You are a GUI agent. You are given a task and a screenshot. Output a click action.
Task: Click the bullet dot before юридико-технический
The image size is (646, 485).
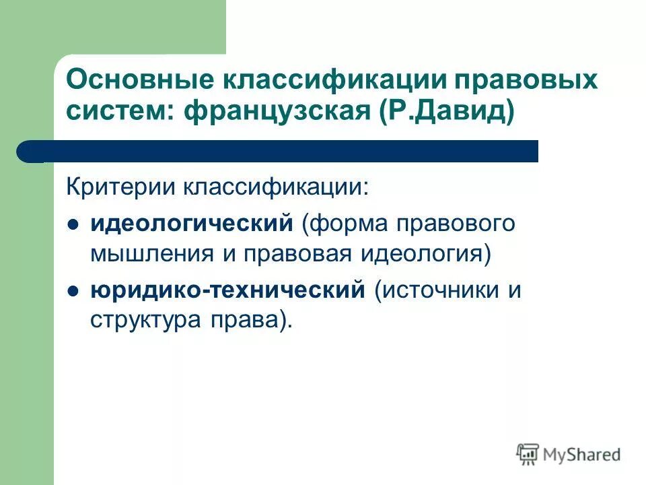tap(74, 292)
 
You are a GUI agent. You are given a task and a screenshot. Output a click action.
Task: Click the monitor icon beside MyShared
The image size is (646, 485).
tap(528, 454)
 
